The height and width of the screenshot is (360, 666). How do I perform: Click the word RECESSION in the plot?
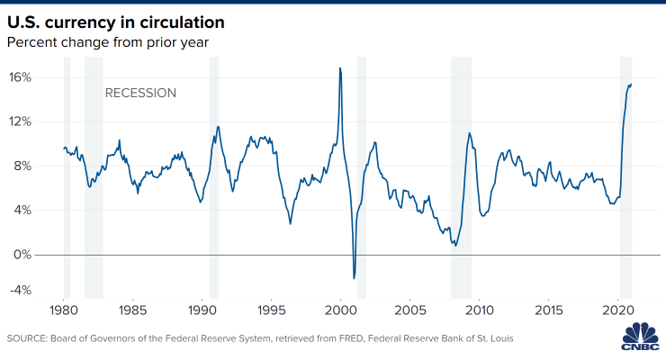point(140,93)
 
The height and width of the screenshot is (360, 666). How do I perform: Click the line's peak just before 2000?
point(339,68)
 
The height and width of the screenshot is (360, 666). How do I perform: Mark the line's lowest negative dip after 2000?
point(354,278)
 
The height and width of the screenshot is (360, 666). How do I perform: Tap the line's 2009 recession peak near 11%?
point(469,134)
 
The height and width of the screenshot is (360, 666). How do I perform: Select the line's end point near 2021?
point(631,85)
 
